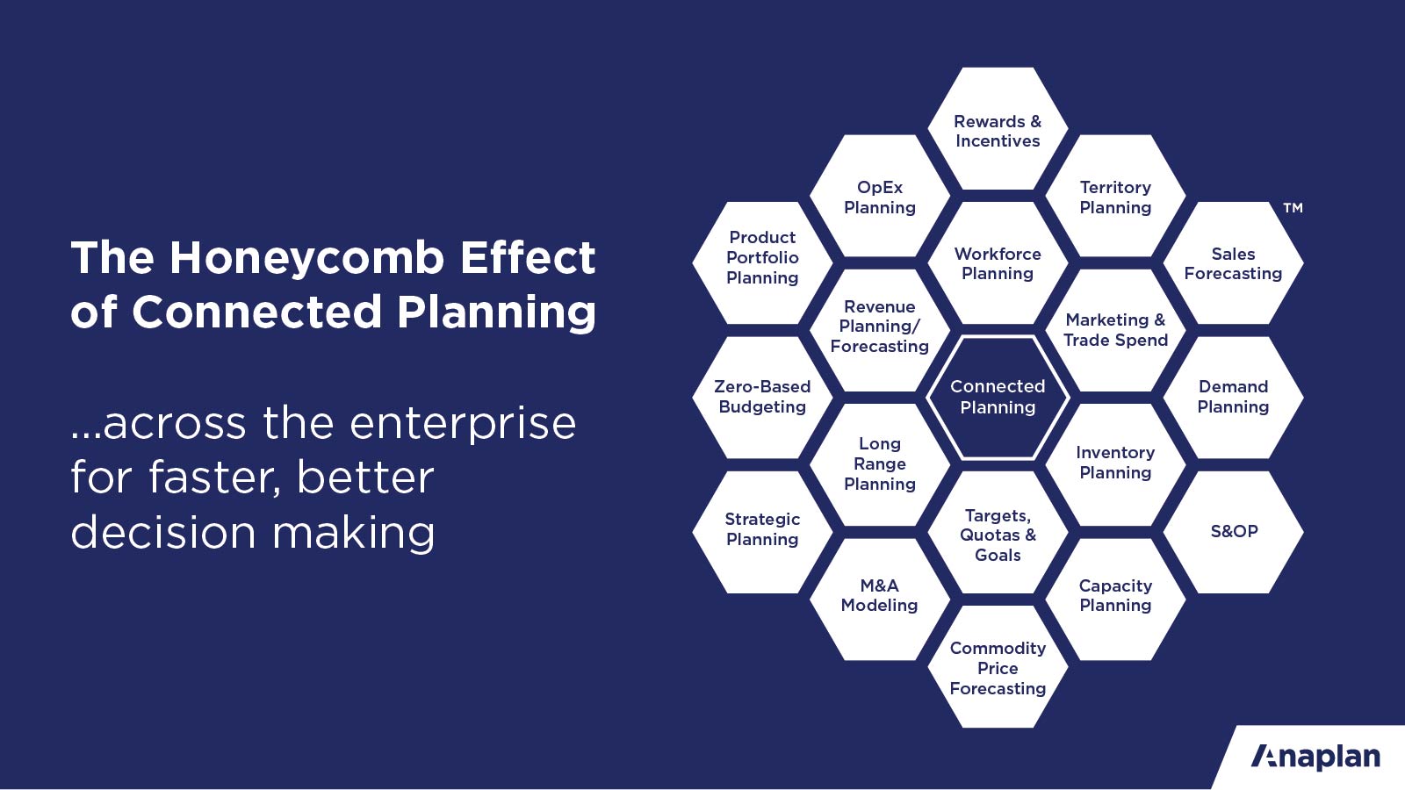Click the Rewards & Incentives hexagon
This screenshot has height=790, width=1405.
pos(998,128)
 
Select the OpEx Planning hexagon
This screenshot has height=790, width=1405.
pos(879,196)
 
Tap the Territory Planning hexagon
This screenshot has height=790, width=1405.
pos(1115,196)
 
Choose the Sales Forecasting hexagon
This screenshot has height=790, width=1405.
pos(1233,262)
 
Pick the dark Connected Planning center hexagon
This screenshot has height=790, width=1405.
pos(998,398)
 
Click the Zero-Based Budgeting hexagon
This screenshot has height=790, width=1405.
pos(762,398)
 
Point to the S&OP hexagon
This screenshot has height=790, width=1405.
pos(1233,532)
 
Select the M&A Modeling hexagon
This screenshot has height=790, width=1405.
pos(879,600)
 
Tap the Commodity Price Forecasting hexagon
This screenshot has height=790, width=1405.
pos(998,667)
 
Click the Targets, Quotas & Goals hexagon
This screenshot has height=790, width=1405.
pos(998,532)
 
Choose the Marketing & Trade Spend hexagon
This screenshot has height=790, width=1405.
pos(1115,330)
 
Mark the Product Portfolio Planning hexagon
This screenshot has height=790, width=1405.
pos(762,262)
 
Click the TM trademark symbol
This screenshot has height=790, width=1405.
pos(1293,207)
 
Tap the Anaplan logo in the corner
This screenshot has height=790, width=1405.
pos(1315,757)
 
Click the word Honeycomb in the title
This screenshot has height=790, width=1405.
pos(306,257)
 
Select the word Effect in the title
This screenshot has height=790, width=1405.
pos(528,257)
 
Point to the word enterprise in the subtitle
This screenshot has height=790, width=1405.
pos(462,425)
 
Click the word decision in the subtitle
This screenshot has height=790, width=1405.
pos(163,532)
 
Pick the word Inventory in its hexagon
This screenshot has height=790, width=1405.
pos(1115,453)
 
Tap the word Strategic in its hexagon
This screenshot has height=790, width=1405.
pos(762,520)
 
